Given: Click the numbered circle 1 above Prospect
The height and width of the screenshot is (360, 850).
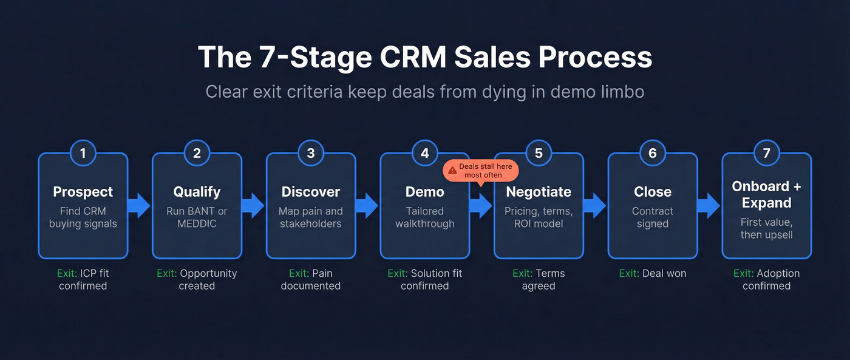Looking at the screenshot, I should (x=83, y=154).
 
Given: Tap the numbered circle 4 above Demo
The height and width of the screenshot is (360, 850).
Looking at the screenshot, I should (x=425, y=154).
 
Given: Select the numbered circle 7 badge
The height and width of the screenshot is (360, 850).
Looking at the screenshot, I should (x=766, y=154).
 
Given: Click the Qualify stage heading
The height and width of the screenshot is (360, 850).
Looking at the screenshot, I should (x=197, y=192).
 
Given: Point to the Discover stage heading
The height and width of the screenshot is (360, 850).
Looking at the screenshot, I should (x=311, y=192).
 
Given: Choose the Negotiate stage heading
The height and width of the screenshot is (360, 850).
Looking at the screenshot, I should (x=539, y=192).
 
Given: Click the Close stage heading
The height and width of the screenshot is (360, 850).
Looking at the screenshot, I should (x=653, y=192).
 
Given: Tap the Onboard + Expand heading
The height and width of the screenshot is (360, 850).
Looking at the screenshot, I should (x=766, y=194).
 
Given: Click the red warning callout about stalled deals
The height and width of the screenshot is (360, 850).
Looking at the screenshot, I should (x=481, y=171).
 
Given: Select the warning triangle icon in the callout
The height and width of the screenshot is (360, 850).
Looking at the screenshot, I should (x=452, y=171).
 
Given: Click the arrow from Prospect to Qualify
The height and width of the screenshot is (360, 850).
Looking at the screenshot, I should (x=140, y=206).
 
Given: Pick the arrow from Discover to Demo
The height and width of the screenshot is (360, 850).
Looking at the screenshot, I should (x=367, y=206).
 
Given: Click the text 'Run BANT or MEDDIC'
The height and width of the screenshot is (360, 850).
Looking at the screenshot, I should (x=197, y=217).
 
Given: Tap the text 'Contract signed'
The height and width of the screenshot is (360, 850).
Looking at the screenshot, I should (x=653, y=217).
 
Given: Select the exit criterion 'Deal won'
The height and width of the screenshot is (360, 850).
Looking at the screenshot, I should (x=653, y=274).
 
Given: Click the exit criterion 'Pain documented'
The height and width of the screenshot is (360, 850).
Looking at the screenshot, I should (x=311, y=279).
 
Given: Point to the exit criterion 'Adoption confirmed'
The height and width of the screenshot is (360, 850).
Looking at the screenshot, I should (x=766, y=279).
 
